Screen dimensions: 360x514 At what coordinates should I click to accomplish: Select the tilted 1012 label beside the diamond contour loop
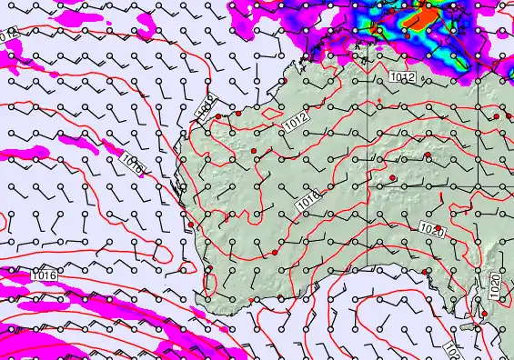[296, 121]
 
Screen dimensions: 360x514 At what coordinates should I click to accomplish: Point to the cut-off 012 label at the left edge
[8, 35]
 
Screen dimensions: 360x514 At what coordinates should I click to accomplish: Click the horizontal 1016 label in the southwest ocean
[44, 275]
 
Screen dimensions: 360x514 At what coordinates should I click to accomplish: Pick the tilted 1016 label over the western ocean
[131, 164]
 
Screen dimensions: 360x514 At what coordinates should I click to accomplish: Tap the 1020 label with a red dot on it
[432, 229]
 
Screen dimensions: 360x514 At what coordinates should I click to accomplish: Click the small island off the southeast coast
[474, 326]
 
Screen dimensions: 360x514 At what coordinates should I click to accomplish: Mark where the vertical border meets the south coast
[368, 269]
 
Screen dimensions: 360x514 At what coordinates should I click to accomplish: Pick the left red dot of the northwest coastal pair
[218, 116]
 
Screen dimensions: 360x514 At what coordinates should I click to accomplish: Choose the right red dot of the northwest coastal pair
[237, 114]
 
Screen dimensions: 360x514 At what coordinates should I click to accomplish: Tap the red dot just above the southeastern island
[484, 314]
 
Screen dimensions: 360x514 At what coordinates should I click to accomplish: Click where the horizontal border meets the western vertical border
[368, 187]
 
